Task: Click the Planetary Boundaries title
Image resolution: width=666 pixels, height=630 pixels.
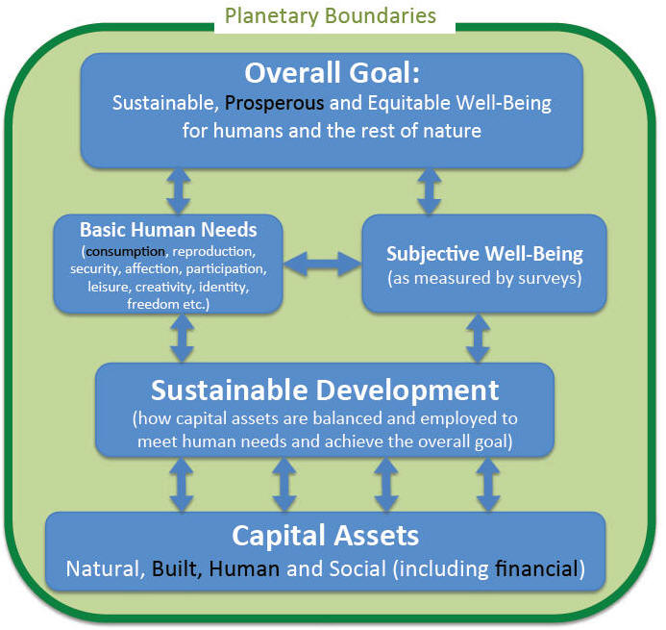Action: click(330, 16)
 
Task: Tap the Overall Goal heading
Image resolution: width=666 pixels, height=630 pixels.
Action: click(333, 73)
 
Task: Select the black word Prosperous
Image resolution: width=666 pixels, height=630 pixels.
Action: click(274, 104)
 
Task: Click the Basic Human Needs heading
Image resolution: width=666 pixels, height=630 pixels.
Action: click(168, 230)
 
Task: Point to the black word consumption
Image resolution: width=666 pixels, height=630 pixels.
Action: click(125, 252)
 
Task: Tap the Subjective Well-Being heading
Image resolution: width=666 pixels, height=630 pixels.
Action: click(484, 254)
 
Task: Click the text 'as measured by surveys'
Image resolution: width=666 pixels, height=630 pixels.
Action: click(484, 278)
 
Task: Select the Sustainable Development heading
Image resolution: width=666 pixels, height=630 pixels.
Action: click(325, 391)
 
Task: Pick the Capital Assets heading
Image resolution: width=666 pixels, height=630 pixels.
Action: click(326, 535)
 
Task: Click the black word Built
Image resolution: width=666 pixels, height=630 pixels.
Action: click(174, 568)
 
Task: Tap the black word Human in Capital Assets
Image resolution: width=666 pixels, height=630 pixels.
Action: click(244, 568)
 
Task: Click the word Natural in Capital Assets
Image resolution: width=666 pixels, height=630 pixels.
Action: click(102, 568)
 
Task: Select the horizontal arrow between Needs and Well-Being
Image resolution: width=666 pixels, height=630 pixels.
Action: click(322, 264)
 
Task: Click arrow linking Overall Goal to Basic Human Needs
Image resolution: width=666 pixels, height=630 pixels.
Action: click(179, 190)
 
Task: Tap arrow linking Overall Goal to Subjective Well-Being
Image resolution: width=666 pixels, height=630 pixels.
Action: click(429, 190)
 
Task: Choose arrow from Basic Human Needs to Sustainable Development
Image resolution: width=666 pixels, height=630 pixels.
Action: click(183, 339)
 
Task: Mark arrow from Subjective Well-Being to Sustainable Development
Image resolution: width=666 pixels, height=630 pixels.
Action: click(478, 339)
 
